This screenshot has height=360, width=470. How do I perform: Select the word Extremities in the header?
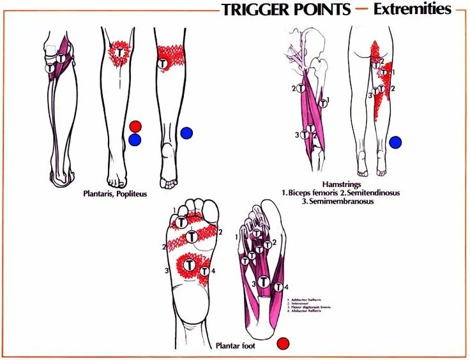[413, 10]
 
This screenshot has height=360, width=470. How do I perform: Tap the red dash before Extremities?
[361, 10]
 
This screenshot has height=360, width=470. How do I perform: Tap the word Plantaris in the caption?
[100, 193]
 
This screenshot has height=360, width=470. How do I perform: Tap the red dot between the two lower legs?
[135, 126]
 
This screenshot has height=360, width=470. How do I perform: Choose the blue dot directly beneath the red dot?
[135, 139]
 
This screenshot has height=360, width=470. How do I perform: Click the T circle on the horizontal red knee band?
[162, 64]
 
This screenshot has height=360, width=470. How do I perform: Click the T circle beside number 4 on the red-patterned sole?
[204, 271]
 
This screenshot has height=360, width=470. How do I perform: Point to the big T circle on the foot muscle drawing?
[262, 281]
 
